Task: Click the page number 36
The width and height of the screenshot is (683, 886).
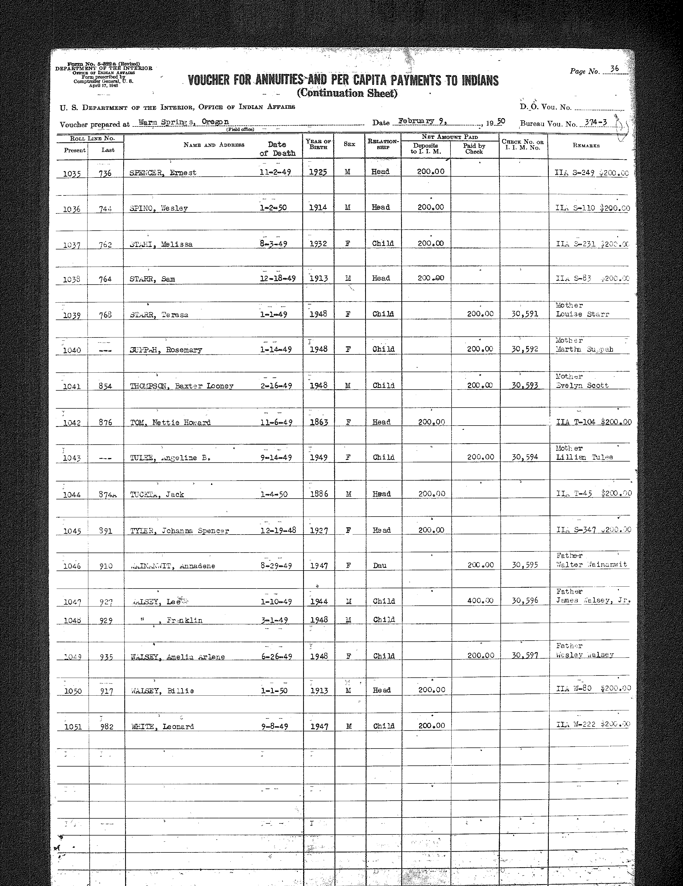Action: pyautogui.click(x=615, y=69)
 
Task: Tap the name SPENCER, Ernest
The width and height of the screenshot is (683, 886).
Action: pyautogui.click(x=163, y=172)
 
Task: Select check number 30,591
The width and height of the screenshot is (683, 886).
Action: pyautogui.click(x=525, y=314)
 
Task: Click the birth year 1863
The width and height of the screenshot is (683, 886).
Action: pyautogui.click(x=318, y=422)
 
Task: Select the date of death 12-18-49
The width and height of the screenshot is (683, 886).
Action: pyautogui.click(x=277, y=279)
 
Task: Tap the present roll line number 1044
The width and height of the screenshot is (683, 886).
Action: pyautogui.click(x=72, y=495)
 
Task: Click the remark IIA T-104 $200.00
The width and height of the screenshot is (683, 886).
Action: pyautogui.click(x=593, y=422)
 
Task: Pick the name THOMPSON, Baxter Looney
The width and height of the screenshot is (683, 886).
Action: pyautogui.click(x=181, y=386)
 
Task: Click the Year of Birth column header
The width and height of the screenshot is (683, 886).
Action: pyautogui.click(x=318, y=144)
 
